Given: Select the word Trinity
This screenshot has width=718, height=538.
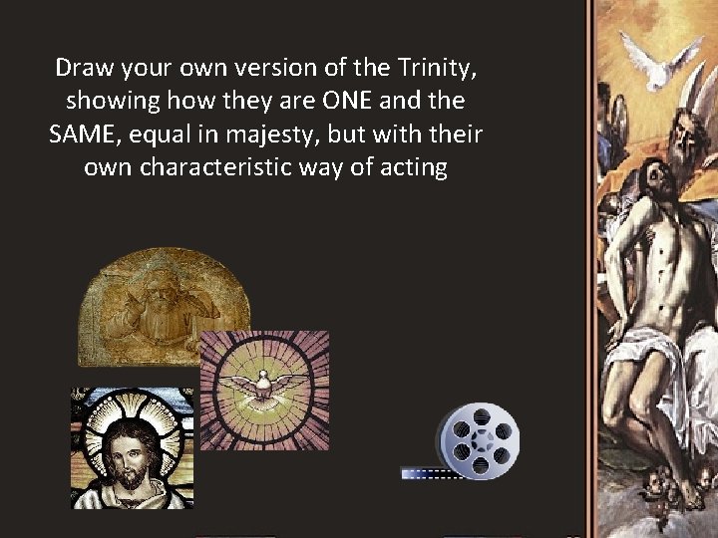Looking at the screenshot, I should point(418,69).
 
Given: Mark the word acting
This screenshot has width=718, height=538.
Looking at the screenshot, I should point(412,167).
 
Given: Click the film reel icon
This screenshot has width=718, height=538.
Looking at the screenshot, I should point(480,440).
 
